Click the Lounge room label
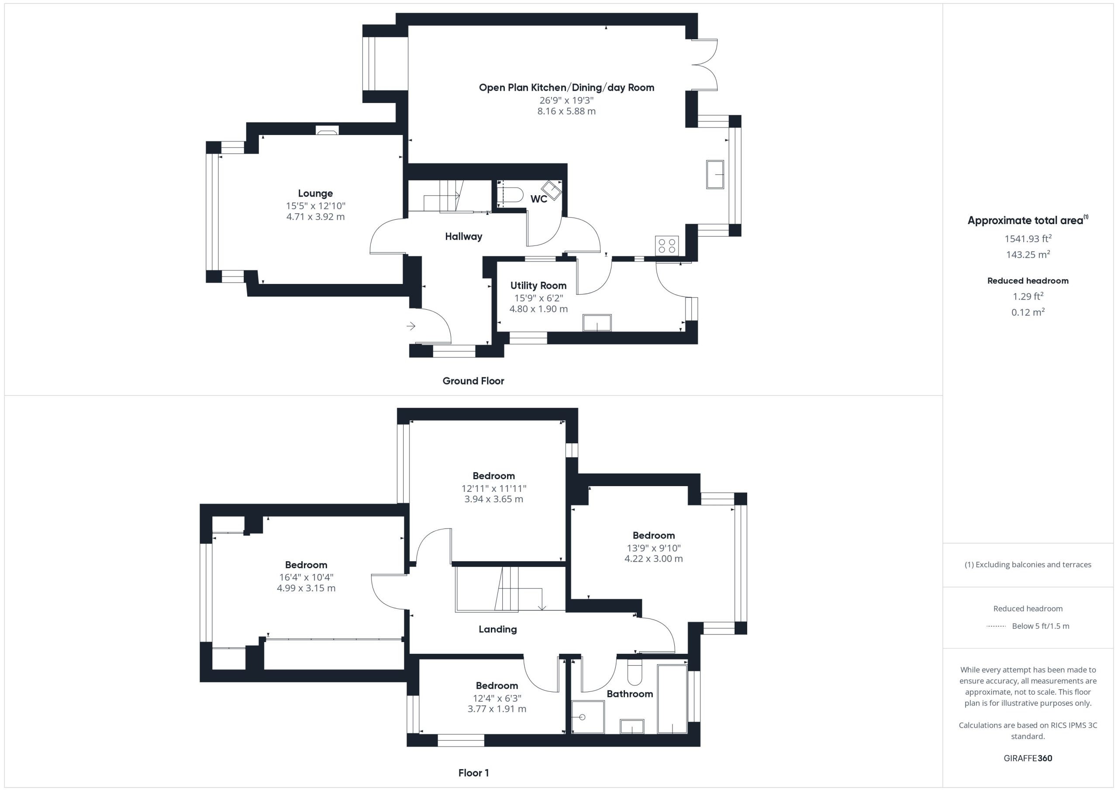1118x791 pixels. pos(316,193)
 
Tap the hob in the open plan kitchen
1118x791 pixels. pos(666,245)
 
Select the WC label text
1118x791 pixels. pos(538,199)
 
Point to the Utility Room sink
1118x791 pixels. pos(597,323)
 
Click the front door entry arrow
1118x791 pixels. pos(411,326)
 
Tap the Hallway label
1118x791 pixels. pos(463,237)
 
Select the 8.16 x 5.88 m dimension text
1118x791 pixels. pos(566,111)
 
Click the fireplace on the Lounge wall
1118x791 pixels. pos(327,131)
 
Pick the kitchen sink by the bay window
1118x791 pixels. pos(715,174)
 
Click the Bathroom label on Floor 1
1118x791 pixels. pos(630,694)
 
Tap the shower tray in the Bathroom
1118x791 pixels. pos(588,717)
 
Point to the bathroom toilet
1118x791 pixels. pos(635,672)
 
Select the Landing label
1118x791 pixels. pos(498,629)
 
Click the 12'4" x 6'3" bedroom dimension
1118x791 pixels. pos(497,698)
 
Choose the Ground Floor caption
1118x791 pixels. pos(473,381)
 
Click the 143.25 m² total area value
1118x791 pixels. pos(1028,254)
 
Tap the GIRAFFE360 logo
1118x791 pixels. pos(1028,758)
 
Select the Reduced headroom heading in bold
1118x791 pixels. pos(1028,280)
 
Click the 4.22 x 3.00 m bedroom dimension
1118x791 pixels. pos(653,559)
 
